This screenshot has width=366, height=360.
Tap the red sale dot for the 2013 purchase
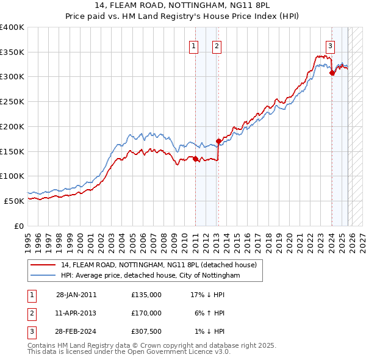[218, 141]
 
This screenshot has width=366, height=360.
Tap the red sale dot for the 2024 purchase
[332, 73]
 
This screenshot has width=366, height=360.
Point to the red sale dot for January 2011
[196, 159]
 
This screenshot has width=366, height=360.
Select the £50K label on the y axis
[15, 200]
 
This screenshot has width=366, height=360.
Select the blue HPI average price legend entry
[150, 275]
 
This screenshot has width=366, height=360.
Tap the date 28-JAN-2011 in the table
[76, 295]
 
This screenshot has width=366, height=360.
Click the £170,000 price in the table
[146, 313]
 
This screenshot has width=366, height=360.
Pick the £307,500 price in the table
[146, 331]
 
